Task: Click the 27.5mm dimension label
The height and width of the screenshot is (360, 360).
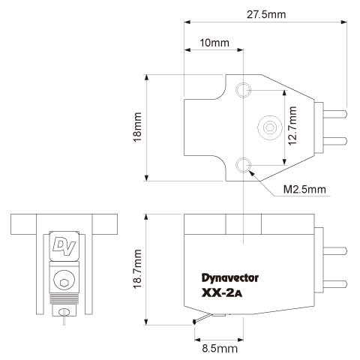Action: (266, 14)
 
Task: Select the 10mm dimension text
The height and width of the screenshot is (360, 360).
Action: (214, 43)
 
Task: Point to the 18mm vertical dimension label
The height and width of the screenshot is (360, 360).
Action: (137, 127)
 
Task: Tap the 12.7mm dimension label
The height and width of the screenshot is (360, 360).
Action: (292, 126)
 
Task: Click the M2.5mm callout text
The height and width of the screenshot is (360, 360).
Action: (304, 190)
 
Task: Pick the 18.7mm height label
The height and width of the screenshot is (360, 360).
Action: (137, 269)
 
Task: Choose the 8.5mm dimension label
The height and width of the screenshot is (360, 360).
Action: (220, 349)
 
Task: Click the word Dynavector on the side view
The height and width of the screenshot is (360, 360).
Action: (230, 278)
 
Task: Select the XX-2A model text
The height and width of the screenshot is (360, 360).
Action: (222, 293)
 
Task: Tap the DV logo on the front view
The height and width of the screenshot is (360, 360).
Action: (64, 247)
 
